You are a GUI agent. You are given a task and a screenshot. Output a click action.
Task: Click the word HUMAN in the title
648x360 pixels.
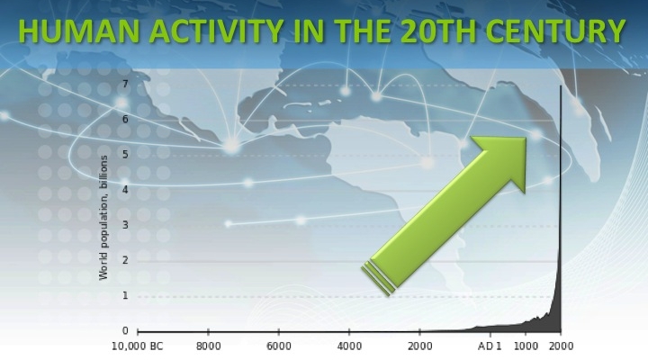(78, 31)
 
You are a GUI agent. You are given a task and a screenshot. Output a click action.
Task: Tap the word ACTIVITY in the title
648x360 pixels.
(216, 31)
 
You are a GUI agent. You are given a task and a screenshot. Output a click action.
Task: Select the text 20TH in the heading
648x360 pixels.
(438, 31)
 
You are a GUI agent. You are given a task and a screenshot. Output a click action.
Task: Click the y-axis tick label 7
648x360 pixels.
(126, 84)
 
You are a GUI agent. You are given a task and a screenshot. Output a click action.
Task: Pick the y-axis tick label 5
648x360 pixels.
(126, 154)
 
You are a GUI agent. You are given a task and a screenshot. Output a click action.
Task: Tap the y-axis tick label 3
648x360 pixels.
(126, 225)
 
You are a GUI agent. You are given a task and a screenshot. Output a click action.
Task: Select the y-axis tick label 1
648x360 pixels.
(126, 295)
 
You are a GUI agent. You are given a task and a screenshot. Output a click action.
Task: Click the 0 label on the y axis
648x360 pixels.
(126, 330)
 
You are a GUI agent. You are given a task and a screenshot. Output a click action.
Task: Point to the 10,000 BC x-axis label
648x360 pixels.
(138, 346)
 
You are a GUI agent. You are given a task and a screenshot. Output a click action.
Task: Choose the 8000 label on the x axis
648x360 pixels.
(208, 346)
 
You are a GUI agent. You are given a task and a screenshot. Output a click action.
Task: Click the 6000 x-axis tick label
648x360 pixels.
(279, 346)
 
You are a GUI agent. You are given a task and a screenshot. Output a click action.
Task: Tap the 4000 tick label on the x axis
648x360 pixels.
(349, 346)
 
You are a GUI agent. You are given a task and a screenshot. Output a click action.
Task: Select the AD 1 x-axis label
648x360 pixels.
(490, 346)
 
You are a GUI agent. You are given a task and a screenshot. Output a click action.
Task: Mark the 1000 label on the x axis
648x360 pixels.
(526, 346)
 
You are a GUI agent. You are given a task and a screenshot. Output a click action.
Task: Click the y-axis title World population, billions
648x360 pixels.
(103, 218)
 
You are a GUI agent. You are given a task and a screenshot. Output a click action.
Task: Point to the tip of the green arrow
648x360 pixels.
(526, 138)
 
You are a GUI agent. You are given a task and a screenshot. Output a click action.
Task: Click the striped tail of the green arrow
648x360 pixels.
(378, 278)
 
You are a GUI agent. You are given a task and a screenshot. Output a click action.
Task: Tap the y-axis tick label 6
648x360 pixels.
(126, 119)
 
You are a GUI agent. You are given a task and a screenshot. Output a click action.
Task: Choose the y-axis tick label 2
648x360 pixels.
(126, 260)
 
